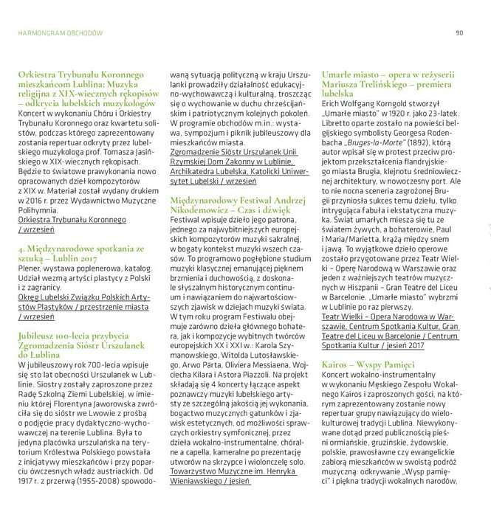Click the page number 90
[x=459, y=32]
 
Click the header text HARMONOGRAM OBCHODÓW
[x=61, y=32]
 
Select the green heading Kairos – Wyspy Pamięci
[x=368, y=364]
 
